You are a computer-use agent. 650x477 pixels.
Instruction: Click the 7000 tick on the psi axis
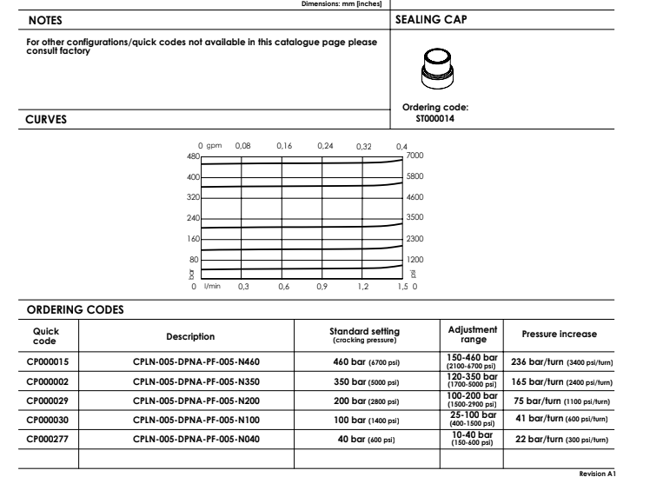click(x=415, y=156)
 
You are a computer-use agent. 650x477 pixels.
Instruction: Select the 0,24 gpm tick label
click(x=325, y=146)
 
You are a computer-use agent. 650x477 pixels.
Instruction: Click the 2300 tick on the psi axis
click(x=415, y=238)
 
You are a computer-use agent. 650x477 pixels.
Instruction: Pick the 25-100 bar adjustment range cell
click(x=468, y=420)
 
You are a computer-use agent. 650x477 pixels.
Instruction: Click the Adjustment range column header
click(x=468, y=335)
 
